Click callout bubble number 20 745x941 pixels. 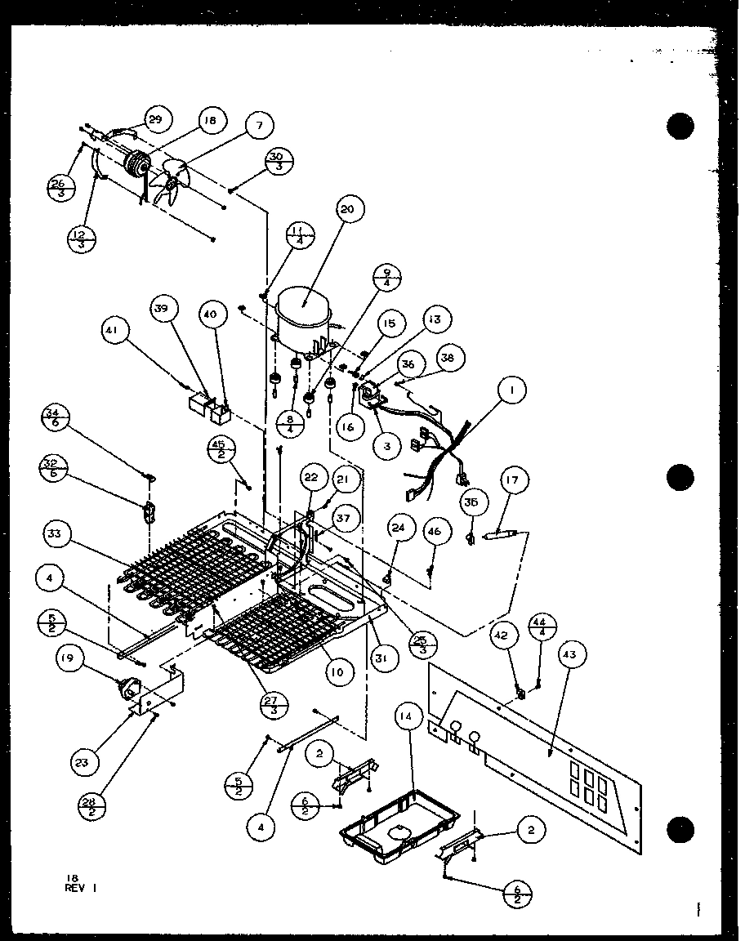pos(347,210)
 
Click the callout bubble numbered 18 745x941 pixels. pos(210,121)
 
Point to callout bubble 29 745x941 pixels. pos(154,119)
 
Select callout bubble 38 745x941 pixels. pos(450,357)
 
